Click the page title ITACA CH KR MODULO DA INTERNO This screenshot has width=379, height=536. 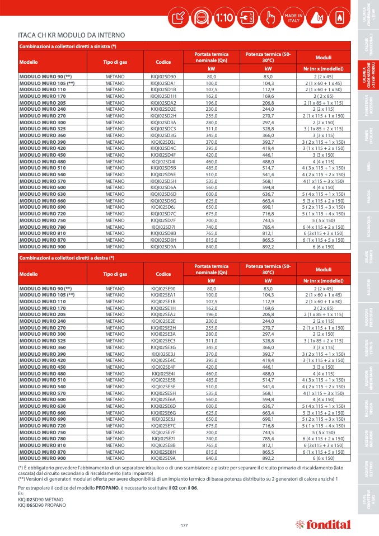[72, 35]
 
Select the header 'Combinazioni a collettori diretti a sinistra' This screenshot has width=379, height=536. [68, 45]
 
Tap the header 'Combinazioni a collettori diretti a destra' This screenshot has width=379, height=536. [67, 257]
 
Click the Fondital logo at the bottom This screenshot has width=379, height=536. [324, 525]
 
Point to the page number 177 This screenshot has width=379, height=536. [184, 525]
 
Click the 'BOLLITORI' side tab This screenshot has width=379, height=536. [369, 284]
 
